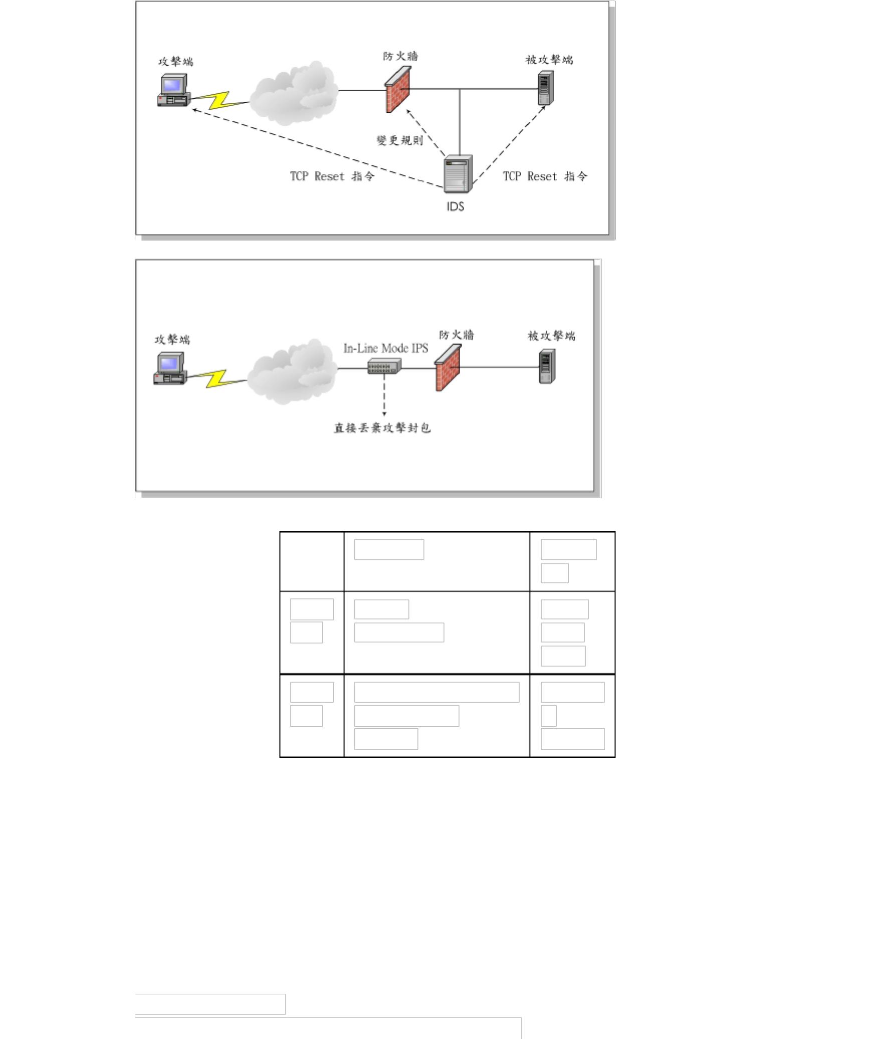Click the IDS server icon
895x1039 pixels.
click(x=459, y=174)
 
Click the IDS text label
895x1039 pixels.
click(x=456, y=206)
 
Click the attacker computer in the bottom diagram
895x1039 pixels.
click(x=169, y=368)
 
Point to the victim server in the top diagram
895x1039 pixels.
click(x=546, y=88)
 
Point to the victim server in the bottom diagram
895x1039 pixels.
click(x=547, y=366)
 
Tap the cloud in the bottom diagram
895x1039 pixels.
click(x=293, y=371)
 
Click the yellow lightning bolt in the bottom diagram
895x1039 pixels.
click(x=216, y=378)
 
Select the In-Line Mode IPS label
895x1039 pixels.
click(x=385, y=348)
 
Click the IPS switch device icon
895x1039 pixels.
click(x=384, y=366)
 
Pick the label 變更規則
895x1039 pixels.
click(x=399, y=140)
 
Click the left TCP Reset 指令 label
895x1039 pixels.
click(x=332, y=176)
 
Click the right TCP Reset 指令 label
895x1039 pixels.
click(x=545, y=176)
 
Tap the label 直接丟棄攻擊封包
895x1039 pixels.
click(x=382, y=428)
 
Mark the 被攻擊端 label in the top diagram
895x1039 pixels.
click(x=549, y=60)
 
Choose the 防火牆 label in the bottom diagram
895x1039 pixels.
click(x=457, y=335)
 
